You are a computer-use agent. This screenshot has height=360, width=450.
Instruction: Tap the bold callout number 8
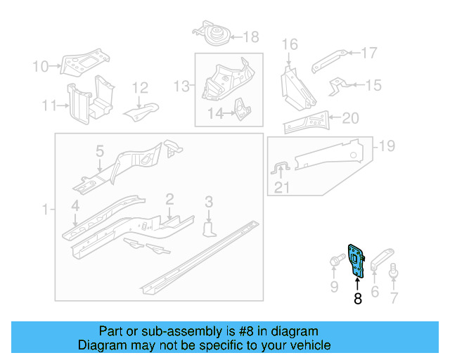click(x=357, y=299)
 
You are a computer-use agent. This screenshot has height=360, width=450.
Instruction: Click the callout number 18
click(x=250, y=37)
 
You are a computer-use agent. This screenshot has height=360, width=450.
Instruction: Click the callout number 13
click(x=182, y=86)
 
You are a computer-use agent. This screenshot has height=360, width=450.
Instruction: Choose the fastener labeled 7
click(x=394, y=271)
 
